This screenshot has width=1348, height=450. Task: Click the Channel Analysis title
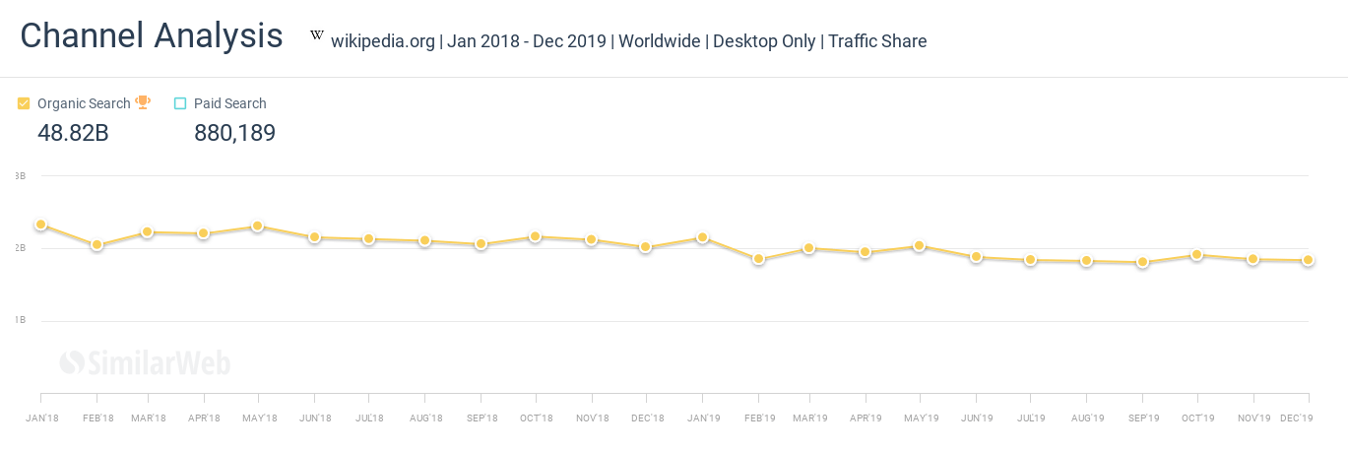pyautogui.click(x=152, y=36)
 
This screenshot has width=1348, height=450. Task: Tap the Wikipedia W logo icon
pyautogui.click(x=317, y=36)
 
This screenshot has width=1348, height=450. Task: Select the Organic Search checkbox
pyautogui.click(x=24, y=103)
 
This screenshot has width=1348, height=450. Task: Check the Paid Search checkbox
pyautogui.click(x=180, y=103)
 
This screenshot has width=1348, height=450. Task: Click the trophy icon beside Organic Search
pyautogui.click(x=143, y=102)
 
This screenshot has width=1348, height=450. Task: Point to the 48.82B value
pyautogui.click(x=73, y=133)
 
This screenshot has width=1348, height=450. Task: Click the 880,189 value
pyautogui.click(x=234, y=133)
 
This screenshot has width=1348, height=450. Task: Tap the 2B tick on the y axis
pyautogui.click(x=20, y=248)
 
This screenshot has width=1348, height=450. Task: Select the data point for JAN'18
pyautogui.click(x=40, y=225)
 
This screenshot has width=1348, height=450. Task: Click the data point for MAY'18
pyautogui.click(x=257, y=226)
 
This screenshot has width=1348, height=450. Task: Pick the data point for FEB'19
pyautogui.click(x=758, y=259)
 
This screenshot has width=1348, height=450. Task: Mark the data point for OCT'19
pyautogui.click(x=1197, y=254)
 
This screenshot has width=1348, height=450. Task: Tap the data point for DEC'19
pyautogui.click(x=1308, y=260)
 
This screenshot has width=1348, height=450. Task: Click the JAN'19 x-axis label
pyautogui.click(x=704, y=418)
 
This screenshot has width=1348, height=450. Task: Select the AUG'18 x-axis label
pyautogui.click(x=424, y=418)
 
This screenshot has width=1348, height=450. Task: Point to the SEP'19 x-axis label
pyautogui.click(x=1142, y=418)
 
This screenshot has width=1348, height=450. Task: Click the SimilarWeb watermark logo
pyautogui.click(x=145, y=363)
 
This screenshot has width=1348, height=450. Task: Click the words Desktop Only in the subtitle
pyautogui.click(x=764, y=41)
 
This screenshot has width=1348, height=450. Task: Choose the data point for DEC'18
pyautogui.click(x=646, y=247)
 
